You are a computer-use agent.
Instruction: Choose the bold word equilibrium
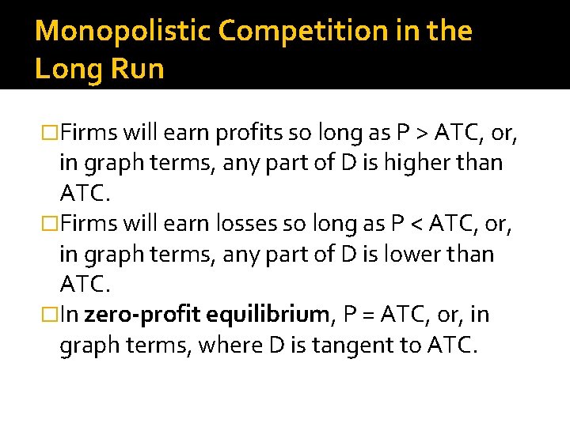[x=268, y=316]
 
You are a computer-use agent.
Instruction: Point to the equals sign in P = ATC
[x=365, y=316]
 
